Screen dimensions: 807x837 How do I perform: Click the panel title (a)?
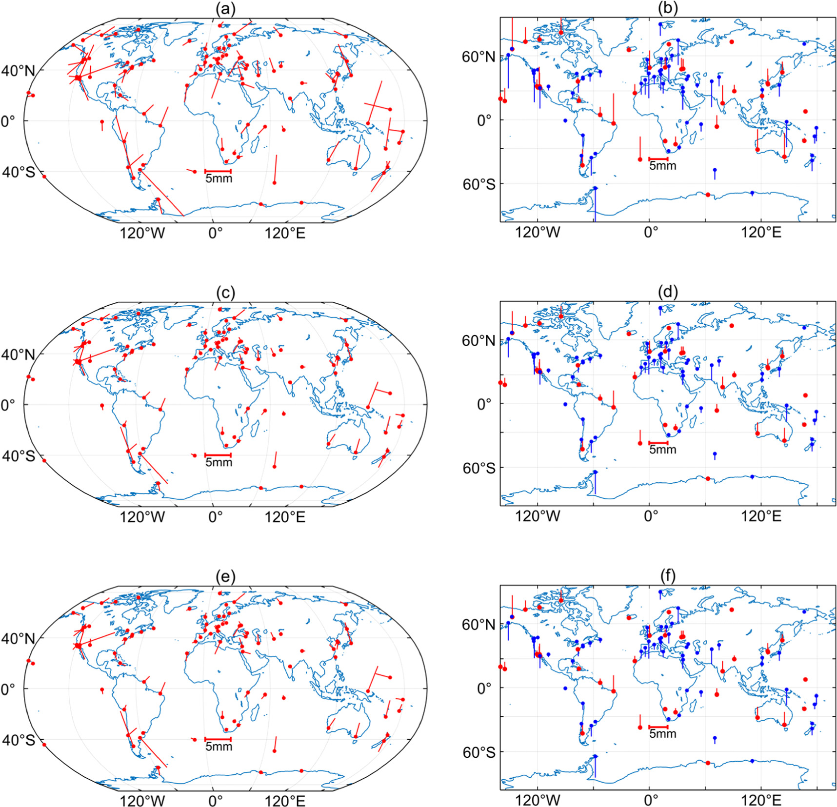pyautogui.click(x=225, y=9)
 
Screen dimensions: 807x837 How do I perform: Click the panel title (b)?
pyautogui.click(x=667, y=9)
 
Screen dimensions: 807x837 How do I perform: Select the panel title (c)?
pyautogui.click(x=225, y=293)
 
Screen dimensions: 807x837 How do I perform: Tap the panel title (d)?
pyautogui.click(x=667, y=293)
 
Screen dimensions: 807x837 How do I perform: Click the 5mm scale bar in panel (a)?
pyautogui.click(x=218, y=171)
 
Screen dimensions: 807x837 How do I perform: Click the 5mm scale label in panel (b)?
pyautogui.click(x=662, y=166)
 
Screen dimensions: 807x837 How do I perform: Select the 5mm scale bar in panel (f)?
pyautogui.click(x=658, y=727)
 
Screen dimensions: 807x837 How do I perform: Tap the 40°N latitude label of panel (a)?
pyautogui.click(x=18, y=71)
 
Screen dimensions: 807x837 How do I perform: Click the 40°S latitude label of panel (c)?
pyautogui.click(x=18, y=456)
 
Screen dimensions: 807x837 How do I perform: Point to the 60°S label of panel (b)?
pyautogui.click(x=478, y=184)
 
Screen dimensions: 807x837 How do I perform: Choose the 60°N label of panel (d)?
pyautogui.click(x=478, y=341)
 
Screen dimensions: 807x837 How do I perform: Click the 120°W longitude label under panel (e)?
pyautogui.click(x=142, y=801)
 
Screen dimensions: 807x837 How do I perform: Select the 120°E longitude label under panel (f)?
pyautogui.click(x=761, y=801)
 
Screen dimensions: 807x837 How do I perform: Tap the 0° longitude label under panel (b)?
pyautogui.click(x=651, y=233)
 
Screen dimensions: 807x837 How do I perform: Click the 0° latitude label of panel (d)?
pyautogui.click(x=484, y=404)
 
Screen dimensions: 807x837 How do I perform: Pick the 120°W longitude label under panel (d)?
pyautogui.click(x=538, y=516)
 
